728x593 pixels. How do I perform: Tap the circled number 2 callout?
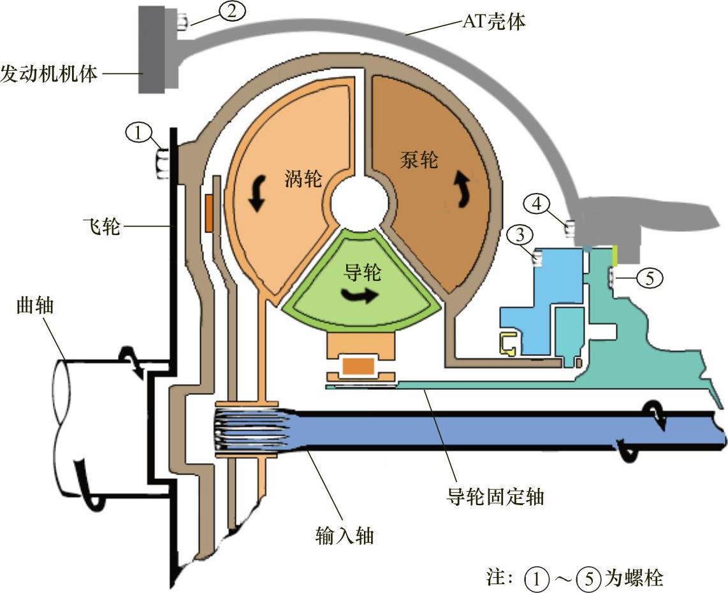point(231,11)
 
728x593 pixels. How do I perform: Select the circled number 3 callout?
point(520,235)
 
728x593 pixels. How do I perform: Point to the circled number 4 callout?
point(537,204)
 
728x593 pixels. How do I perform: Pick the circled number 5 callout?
point(649,277)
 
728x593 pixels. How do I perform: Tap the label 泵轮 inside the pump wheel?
point(419,159)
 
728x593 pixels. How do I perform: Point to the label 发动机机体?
point(48,73)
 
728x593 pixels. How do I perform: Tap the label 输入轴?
point(344,536)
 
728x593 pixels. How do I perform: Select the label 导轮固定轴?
point(496,495)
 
